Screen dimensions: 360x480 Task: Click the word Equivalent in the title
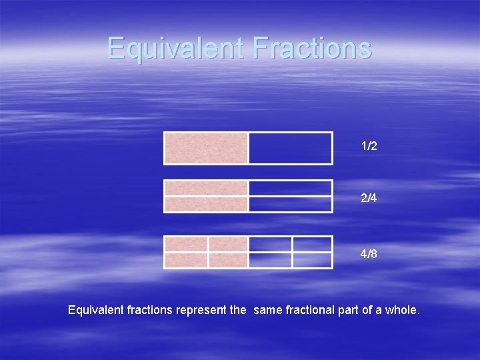click(169, 48)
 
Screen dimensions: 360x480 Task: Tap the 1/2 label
click(369, 146)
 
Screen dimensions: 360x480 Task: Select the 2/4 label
click(369, 199)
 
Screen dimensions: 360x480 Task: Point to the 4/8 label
click(369, 254)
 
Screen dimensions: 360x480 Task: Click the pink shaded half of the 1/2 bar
click(206, 148)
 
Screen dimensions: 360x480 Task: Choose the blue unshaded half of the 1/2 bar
click(290, 148)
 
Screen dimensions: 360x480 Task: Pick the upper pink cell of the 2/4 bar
click(206, 189)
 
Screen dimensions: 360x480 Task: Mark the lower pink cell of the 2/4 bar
click(206, 204)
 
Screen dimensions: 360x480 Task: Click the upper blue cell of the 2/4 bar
click(290, 189)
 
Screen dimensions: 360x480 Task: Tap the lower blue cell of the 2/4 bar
click(290, 204)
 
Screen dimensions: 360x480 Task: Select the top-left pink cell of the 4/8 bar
click(186, 244)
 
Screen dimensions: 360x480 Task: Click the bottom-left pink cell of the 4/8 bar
click(186, 260)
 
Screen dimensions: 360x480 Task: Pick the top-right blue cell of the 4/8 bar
click(311, 244)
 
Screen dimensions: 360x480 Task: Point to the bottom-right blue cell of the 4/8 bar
click(311, 260)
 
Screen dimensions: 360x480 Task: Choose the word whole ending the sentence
click(403, 310)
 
